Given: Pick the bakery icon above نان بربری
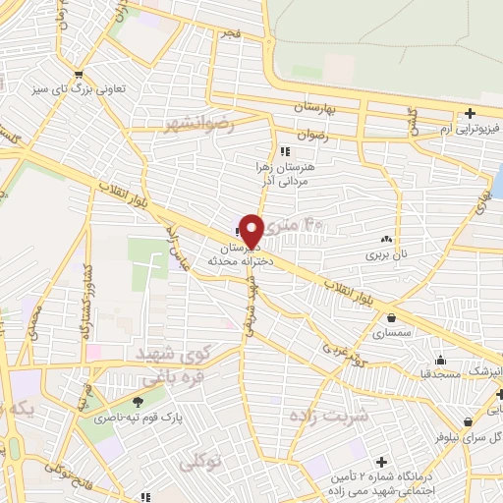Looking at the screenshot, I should tap(385, 239).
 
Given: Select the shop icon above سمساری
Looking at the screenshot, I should tap(393, 318).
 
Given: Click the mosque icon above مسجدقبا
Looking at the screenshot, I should tap(440, 359).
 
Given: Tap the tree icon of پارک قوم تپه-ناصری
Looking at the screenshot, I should tap(137, 401).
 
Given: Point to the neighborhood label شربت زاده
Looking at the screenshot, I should tap(326, 416).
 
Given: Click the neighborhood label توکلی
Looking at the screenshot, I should tap(201, 457).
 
